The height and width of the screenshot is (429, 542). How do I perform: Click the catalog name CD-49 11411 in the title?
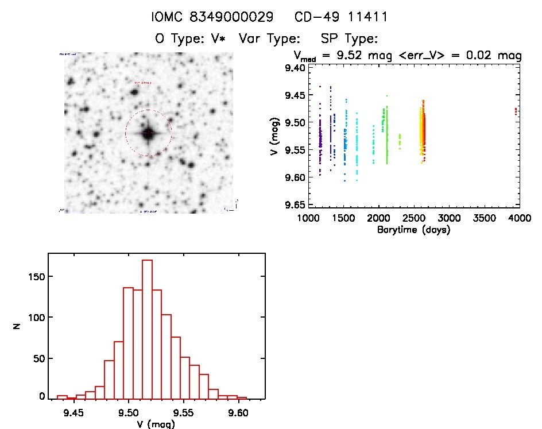point(341,17)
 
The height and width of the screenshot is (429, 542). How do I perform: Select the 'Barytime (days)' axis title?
point(413,230)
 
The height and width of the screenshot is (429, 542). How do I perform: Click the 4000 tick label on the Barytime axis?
point(519,218)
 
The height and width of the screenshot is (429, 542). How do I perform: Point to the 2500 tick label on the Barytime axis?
point(413,218)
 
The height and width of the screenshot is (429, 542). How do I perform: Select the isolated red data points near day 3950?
point(516,110)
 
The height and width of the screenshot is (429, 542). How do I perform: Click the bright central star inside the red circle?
point(148,133)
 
